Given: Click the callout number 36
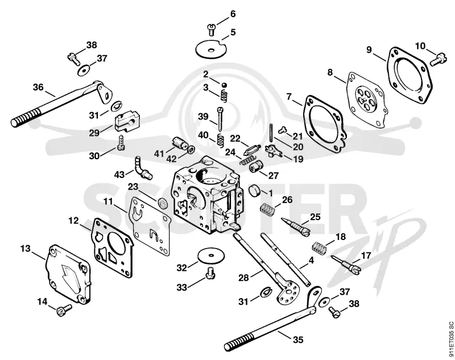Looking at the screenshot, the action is (38, 87).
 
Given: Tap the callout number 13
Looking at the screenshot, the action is (26, 249).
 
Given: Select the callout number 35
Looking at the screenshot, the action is (297, 340).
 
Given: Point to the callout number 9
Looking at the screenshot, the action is (369, 50).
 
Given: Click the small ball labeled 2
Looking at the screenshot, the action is (224, 85).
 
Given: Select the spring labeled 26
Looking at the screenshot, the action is (267, 210).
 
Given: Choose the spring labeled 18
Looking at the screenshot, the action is (320, 247).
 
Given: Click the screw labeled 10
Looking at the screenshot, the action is (436, 60).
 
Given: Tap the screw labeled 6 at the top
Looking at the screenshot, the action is (211, 30).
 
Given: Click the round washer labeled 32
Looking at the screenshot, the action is (211, 255).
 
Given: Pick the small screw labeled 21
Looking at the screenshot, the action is (282, 130).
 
